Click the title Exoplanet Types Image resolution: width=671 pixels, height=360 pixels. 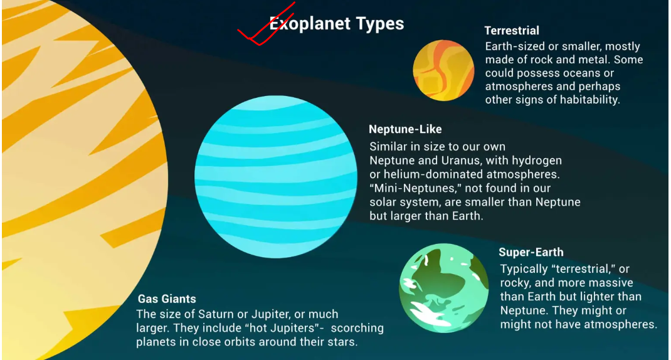(336, 24)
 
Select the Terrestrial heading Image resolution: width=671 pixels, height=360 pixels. (511, 31)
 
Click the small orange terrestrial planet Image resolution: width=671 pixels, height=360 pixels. (443, 71)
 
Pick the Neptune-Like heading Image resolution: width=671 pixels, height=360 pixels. (405, 129)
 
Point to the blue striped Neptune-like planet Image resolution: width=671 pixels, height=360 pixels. (276, 177)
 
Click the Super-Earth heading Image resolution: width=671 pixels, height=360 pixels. (531, 252)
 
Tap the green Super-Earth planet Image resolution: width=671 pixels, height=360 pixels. (444, 288)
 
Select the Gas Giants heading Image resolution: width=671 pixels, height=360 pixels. (167, 299)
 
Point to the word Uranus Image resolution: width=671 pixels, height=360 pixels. (457, 161)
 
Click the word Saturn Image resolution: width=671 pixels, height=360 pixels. (216, 314)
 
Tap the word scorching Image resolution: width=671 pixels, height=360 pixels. (357, 328)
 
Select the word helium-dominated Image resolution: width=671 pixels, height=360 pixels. (433, 174)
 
